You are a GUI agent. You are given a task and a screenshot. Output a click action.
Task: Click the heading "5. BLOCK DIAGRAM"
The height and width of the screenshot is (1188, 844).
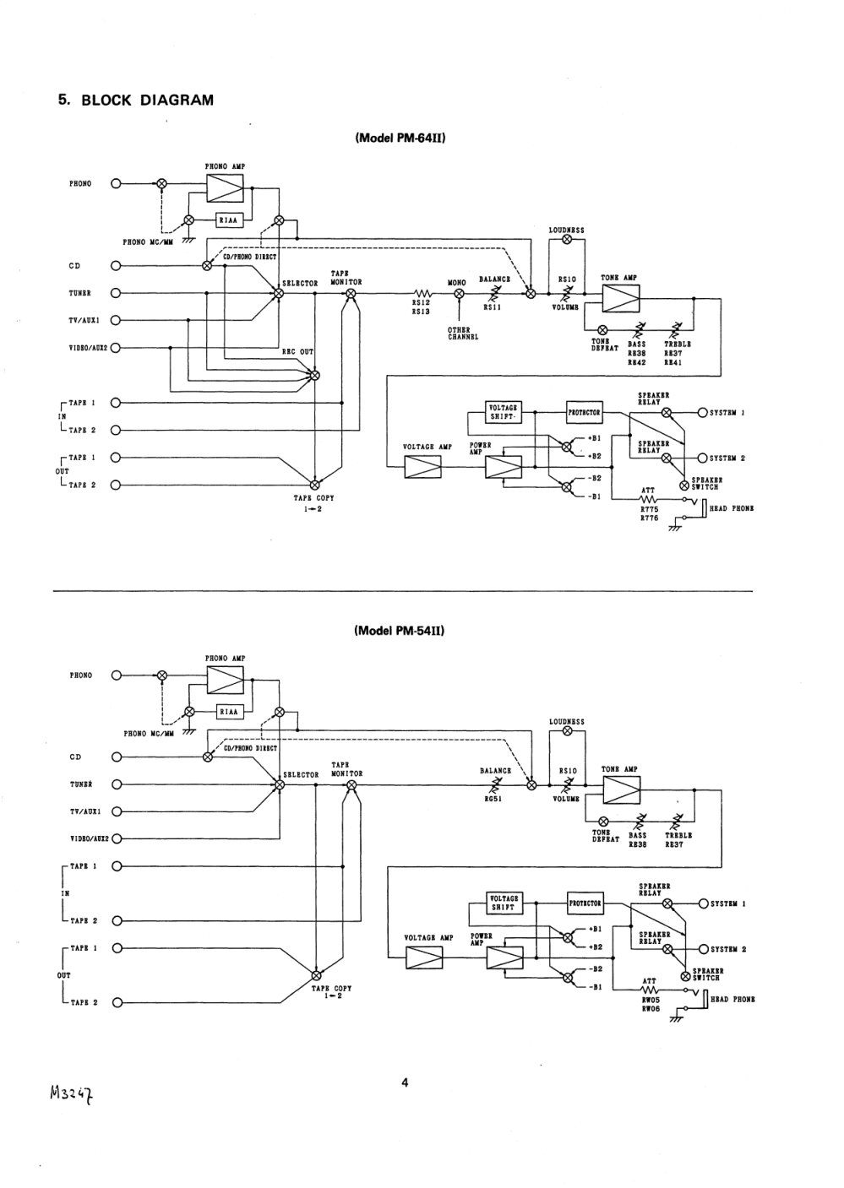[x=136, y=100]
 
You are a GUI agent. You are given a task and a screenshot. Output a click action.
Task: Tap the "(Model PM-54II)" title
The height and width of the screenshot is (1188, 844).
[x=400, y=631]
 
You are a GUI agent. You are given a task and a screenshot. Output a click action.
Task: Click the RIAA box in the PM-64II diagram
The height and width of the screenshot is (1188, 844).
[x=229, y=220]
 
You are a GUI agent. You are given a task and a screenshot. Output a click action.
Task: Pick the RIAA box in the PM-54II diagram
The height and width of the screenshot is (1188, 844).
[x=229, y=712]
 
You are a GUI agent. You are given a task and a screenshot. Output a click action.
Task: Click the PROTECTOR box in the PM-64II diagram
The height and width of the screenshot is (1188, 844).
[x=584, y=413]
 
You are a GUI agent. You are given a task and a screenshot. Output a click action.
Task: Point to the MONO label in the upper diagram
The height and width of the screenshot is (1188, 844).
[x=457, y=283]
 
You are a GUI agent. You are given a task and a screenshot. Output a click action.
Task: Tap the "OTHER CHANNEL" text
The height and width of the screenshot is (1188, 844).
[x=462, y=334]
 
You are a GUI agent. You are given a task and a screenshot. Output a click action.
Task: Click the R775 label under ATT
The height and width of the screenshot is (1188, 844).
[x=649, y=510]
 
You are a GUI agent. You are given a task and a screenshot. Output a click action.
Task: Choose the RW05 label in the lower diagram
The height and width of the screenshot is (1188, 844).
[x=650, y=1000]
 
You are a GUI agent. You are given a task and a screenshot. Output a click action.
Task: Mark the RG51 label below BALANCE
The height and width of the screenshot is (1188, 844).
[x=493, y=800]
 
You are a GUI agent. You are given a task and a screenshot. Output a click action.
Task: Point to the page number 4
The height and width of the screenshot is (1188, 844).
[x=405, y=1082]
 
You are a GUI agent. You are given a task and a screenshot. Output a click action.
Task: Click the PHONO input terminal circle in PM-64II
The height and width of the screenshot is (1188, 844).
[x=116, y=183]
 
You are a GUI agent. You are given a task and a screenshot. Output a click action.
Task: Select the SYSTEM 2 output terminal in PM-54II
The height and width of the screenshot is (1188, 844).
[x=703, y=949]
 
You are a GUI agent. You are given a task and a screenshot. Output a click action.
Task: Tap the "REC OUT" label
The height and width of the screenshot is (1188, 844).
[x=297, y=352]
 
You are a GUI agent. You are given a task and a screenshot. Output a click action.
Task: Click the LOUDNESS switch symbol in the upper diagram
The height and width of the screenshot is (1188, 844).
[x=567, y=240]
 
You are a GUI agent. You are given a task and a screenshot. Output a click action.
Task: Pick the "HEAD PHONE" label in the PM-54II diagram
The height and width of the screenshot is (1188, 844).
[x=732, y=1000]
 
